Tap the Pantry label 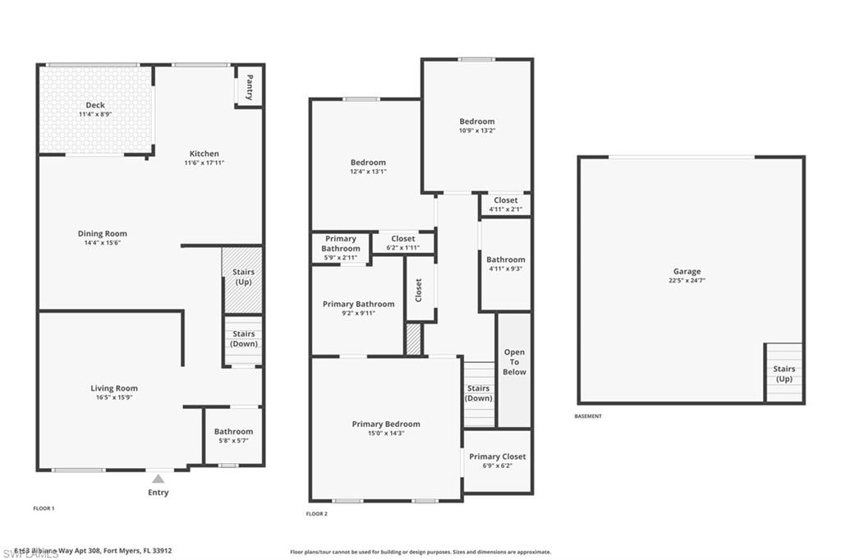249,87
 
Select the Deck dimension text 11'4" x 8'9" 95,114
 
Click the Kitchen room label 205,154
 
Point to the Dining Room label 103,233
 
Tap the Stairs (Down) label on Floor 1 243,339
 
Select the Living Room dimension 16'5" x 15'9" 114,397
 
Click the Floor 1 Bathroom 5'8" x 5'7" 233,436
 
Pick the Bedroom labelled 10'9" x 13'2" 477,126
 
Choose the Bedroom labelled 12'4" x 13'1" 367,167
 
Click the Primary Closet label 497,457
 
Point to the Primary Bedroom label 386,424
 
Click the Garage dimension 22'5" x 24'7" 687,280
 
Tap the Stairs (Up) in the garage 784,374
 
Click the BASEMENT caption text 588,416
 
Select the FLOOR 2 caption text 317,514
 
